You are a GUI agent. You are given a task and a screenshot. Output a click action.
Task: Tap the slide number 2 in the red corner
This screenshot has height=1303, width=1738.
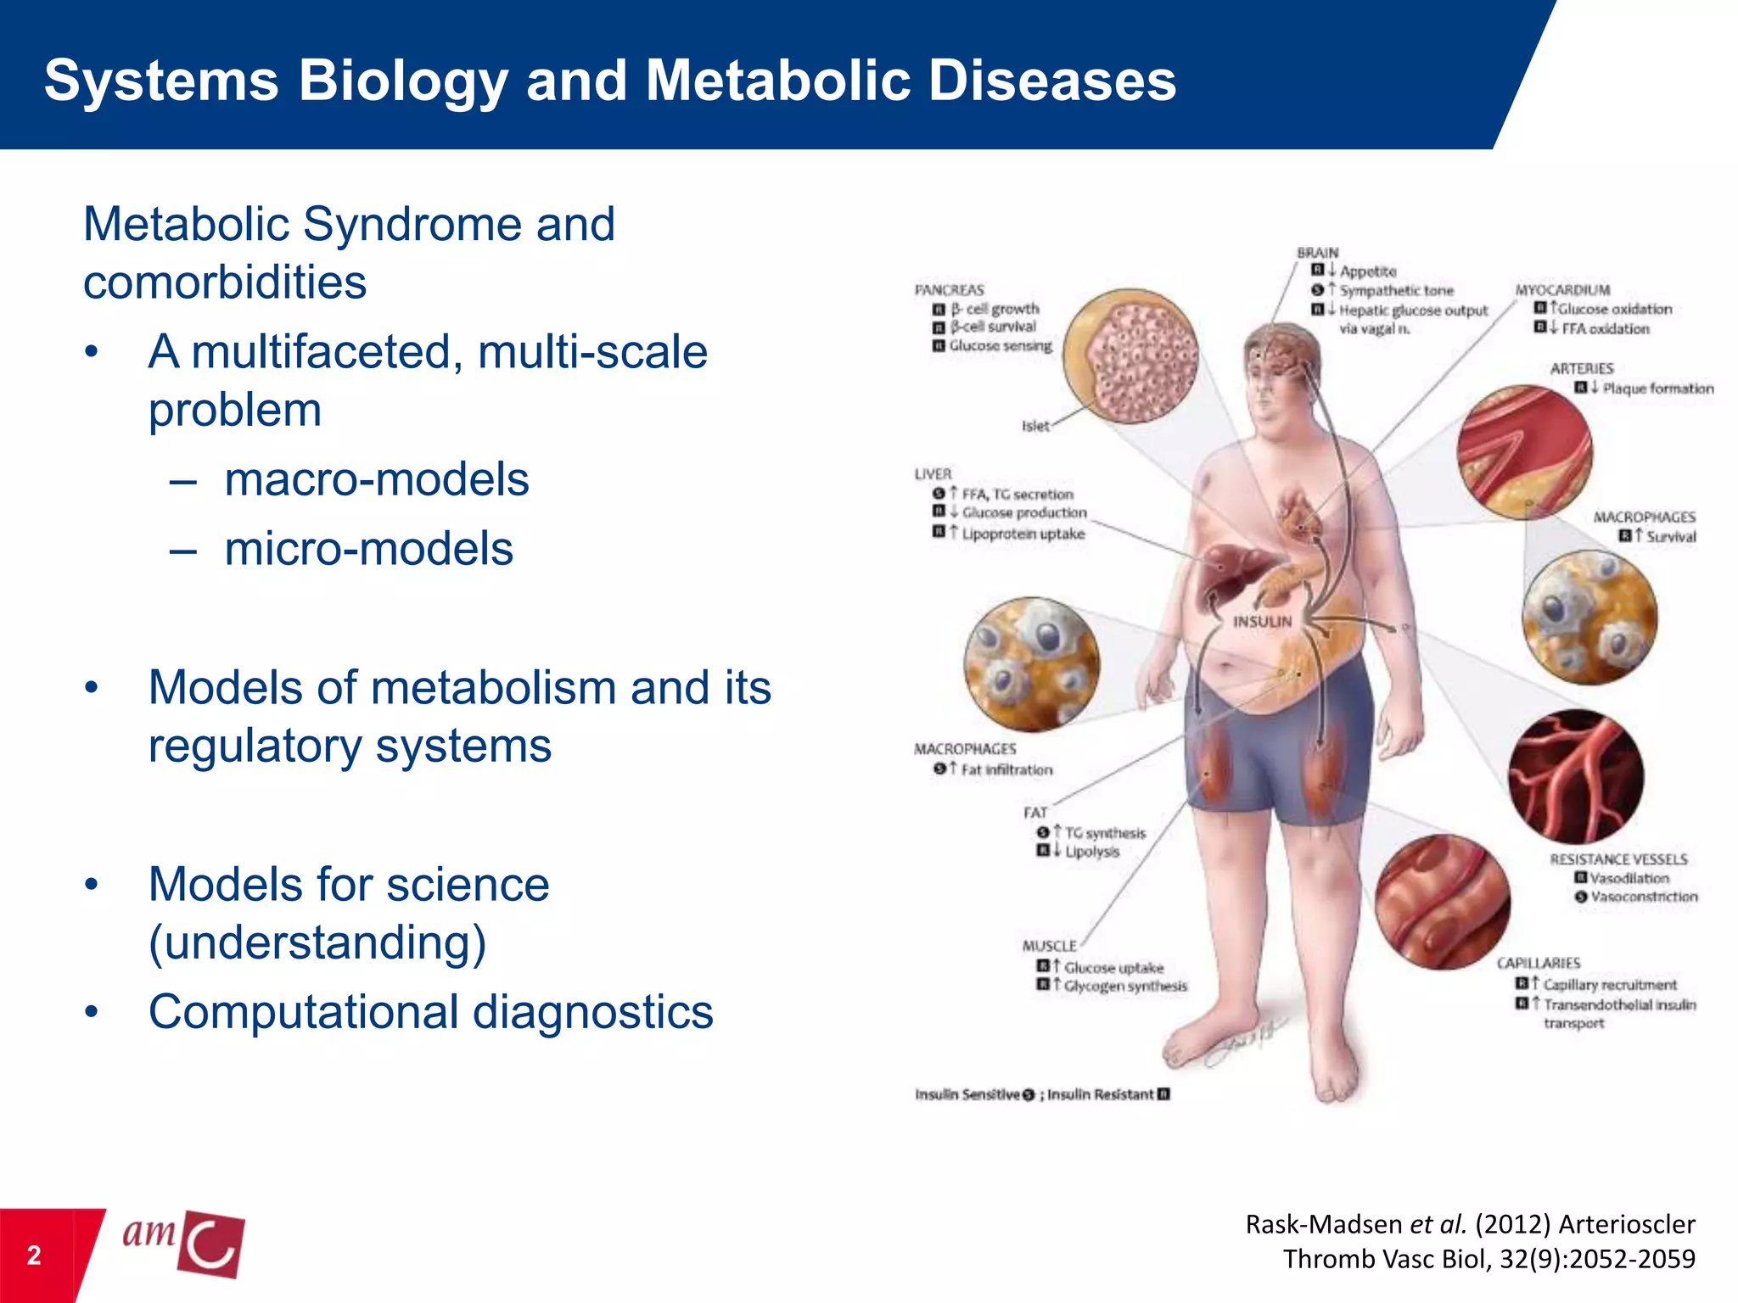[34, 1255]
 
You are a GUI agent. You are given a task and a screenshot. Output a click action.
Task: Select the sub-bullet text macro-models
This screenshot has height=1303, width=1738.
[376, 479]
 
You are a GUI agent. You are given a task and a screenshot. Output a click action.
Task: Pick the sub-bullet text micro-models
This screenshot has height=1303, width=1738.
[368, 549]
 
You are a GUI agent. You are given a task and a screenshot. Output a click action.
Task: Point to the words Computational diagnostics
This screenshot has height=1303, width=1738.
[430, 1012]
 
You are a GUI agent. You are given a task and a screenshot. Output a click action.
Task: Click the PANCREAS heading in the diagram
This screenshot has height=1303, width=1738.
[949, 290]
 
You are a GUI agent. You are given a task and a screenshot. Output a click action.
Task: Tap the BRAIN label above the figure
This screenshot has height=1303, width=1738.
[1317, 253]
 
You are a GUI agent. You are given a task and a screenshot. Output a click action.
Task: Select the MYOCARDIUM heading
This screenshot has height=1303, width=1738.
[1562, 290]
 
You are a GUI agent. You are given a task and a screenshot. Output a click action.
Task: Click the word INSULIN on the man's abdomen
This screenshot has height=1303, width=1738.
[1262, 622]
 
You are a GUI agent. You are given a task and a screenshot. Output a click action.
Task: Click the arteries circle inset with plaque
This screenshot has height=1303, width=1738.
[1524, 452]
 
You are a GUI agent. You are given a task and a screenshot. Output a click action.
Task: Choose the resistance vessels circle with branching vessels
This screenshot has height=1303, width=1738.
[1575, 777]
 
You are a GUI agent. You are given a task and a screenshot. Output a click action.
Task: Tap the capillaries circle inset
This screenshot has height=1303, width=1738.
[1442, 902]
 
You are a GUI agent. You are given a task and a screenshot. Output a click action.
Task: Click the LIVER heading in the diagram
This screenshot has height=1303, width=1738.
[933, 474]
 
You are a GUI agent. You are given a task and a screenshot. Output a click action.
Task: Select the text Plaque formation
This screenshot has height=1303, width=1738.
[1657, 389]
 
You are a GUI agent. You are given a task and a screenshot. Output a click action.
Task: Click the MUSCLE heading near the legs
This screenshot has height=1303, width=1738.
[1049, 946]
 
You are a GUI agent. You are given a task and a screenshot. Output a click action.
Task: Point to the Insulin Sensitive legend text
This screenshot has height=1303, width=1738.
[967, 1094]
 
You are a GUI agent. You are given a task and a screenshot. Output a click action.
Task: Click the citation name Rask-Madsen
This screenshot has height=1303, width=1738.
[1323, 1224]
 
